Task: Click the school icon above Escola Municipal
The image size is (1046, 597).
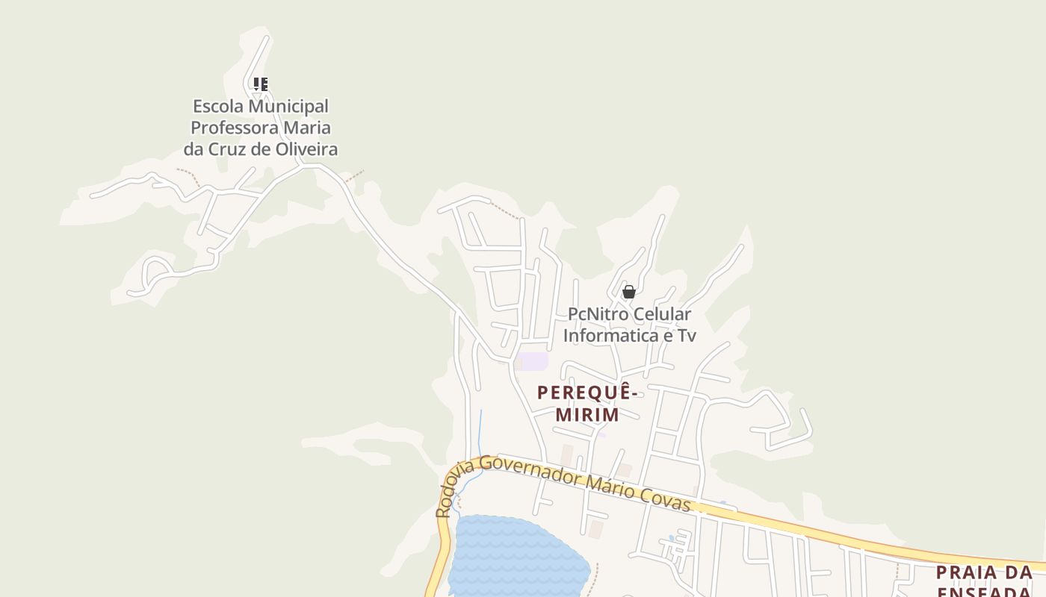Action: [260, 84]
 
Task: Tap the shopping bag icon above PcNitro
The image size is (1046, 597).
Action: [629, 292]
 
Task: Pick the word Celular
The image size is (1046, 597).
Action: [663, 314]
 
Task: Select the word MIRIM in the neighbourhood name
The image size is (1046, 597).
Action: [588, 414]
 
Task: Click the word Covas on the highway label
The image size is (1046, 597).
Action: [665, 501]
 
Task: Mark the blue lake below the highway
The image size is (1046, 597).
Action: [516, 556]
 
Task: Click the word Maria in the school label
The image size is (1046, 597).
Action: [307, 127]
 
